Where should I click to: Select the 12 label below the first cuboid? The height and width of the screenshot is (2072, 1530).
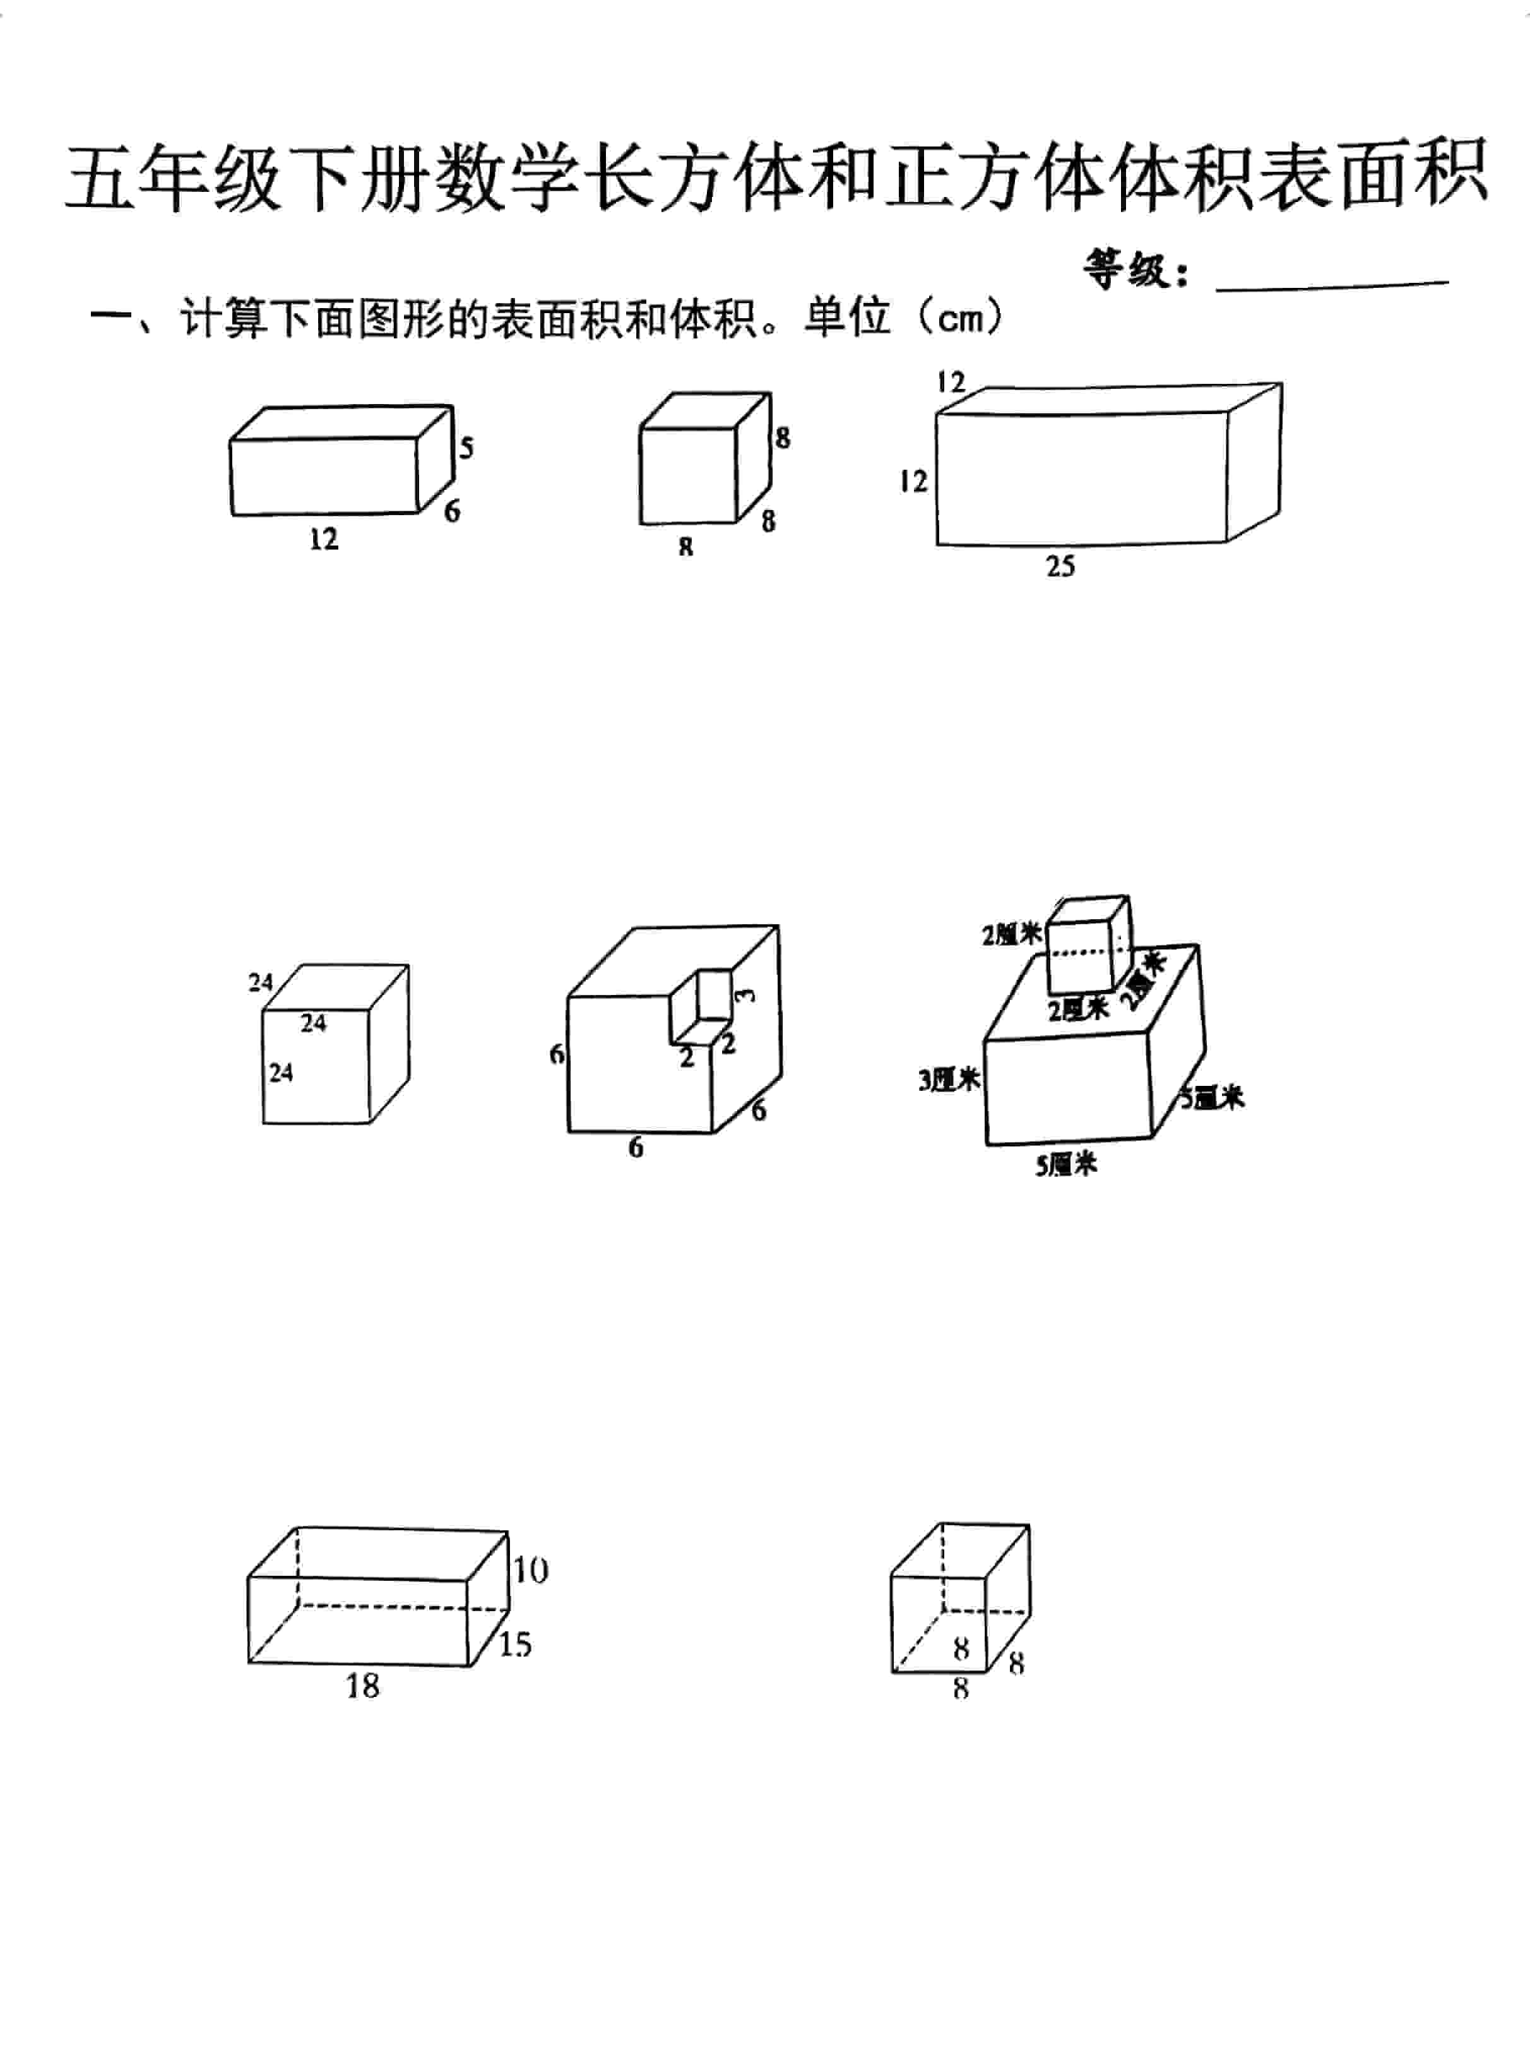[324, 539]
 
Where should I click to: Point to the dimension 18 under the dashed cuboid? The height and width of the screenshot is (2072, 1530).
[362, 1685]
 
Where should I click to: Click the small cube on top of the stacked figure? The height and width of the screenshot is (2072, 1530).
[1086, 944]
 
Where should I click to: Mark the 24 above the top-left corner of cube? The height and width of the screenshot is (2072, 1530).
[260, 982]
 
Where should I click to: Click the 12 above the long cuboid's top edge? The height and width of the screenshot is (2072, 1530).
[950, 381]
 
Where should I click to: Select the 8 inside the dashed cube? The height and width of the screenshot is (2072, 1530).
[961, 1648]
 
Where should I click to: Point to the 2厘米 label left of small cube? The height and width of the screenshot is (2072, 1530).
[1011, 934]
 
